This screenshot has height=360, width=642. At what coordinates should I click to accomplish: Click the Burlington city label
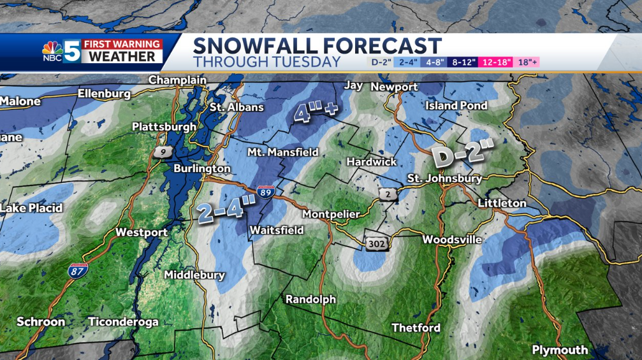coord(202,169)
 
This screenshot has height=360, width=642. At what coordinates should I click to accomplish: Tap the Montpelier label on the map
coord(331,214)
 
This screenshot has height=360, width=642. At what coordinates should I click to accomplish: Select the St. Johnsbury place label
coord(444,178)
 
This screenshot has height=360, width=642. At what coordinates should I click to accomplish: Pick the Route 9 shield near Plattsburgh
coord(160,152)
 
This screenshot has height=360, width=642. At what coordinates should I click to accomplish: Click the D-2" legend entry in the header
coord(382,62)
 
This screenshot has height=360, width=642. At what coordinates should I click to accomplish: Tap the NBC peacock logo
coord(52,50)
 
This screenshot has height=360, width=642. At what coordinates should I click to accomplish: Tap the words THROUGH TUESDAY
coord(267,62)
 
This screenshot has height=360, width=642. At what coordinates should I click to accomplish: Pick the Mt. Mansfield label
coord(282,152)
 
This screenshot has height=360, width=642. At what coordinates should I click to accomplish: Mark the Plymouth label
coord(560,350)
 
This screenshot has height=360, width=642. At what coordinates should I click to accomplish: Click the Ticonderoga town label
coord(123,322)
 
